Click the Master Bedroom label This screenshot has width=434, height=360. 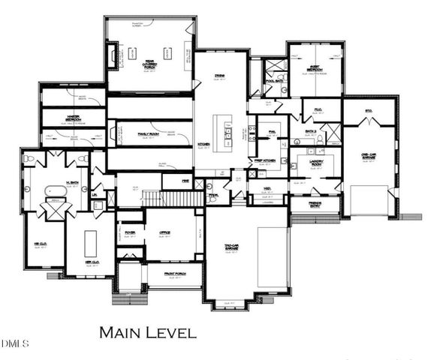pos(73,118)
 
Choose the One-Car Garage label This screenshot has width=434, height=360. pos(368,156)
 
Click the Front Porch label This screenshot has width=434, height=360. pos(173,274)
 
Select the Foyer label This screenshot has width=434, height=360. pos(129,233)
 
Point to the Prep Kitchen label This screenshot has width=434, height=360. pos(269,160)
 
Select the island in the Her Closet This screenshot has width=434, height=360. pos(91,244)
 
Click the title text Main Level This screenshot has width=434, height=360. pos(148,331)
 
